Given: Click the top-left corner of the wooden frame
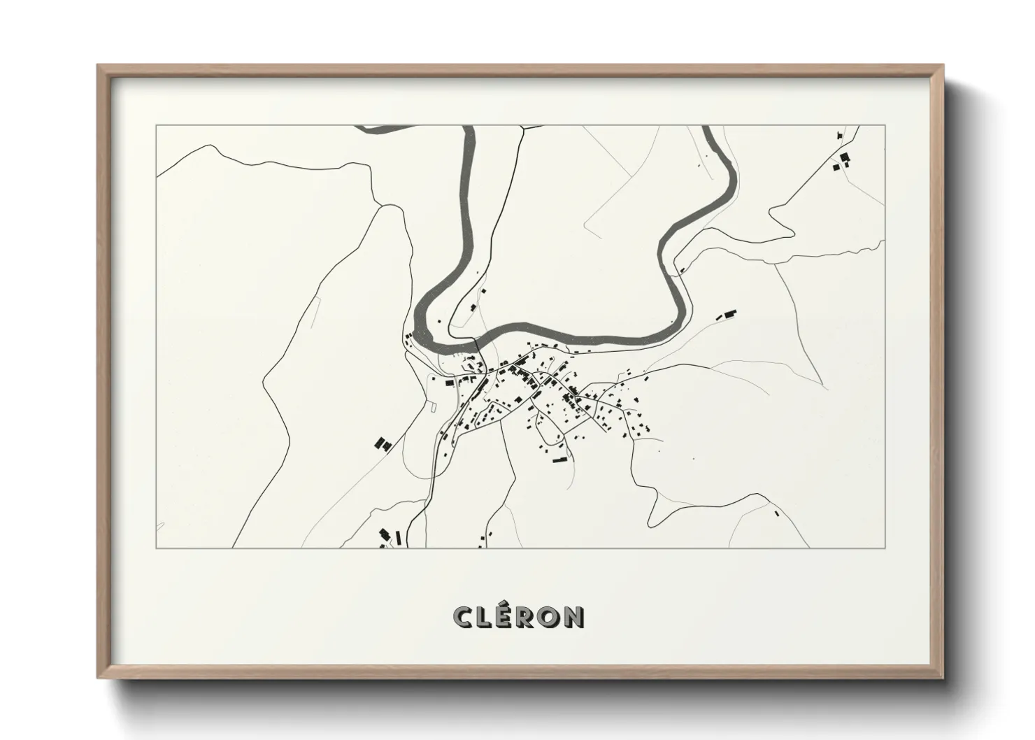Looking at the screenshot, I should coord(99,66).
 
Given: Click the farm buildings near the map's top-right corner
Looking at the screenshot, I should coord(841,160).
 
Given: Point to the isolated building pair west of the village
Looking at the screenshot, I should coord(383,443).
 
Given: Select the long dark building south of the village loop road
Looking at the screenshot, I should coord(558,460).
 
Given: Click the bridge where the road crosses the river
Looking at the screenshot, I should coord(476,343).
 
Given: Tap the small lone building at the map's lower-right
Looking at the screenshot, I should coord(776,513).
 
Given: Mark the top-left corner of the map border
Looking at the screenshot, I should coord(156,126).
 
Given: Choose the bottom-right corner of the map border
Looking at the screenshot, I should coord(885,548).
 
